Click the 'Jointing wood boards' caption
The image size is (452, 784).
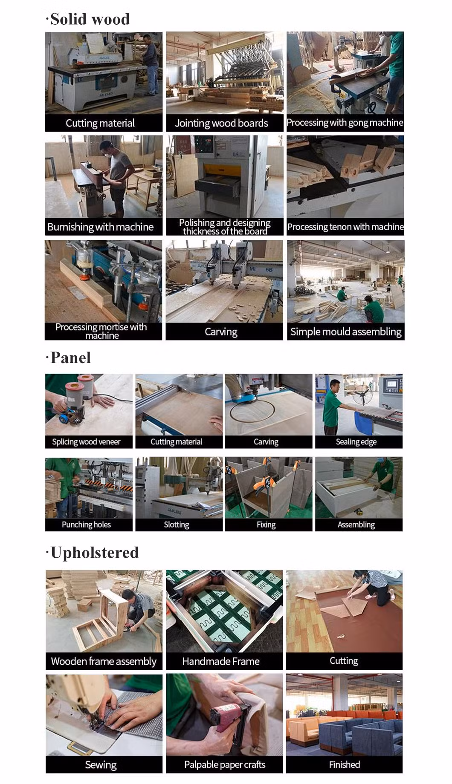pos(221,124)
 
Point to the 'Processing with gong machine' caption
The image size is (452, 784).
pos(345,123)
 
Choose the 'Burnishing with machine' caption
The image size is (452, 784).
pos(101,227)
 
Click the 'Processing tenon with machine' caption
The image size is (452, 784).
pos(345,227)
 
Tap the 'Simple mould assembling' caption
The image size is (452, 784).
pos(346,332)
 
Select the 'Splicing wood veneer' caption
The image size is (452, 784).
pos(86,442)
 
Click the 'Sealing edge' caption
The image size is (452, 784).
pos(356,442)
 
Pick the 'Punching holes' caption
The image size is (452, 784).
pos(86,525)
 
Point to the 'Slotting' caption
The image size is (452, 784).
pos(177,525)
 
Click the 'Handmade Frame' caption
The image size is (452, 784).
pos(221,661)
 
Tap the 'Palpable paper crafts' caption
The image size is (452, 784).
pos(225,764)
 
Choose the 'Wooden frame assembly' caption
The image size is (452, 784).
pos(104,661)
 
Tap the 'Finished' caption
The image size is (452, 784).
pos(344,764)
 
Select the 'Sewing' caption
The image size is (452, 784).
pos(101,765)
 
